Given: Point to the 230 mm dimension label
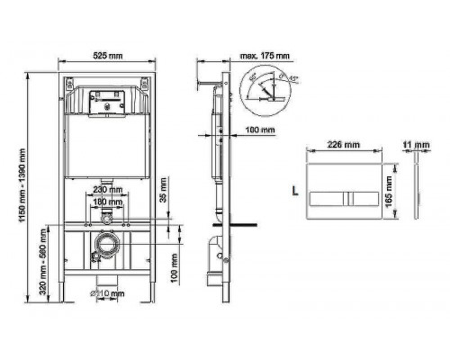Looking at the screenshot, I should (106, 191).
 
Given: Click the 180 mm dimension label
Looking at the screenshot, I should (106, 202).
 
